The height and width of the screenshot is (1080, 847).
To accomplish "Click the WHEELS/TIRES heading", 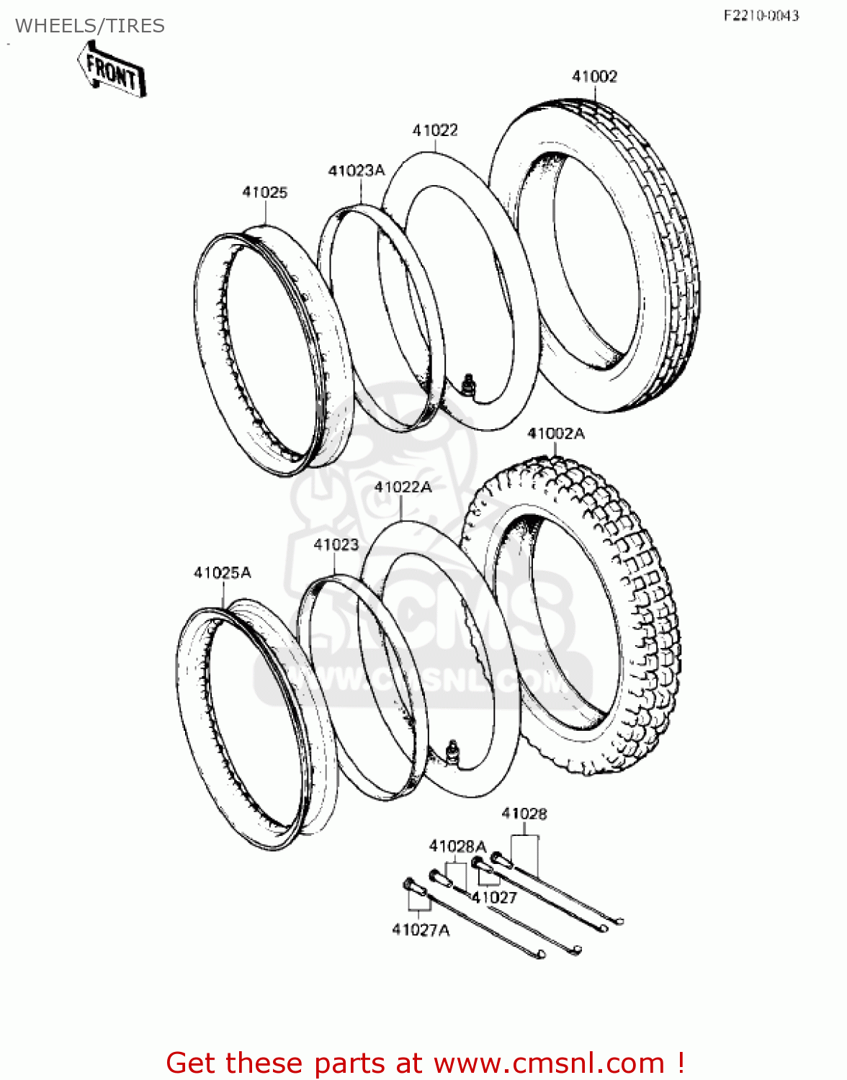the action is click(90, 26).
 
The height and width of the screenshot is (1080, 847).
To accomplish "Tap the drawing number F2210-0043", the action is click(761, 15).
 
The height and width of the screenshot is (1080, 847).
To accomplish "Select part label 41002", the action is click(594, 76).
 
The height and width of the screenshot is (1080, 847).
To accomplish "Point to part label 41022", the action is click(435, 130).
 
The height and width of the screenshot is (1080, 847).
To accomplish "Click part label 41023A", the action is click(357, 171).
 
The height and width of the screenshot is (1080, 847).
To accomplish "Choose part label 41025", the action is click(264, 192).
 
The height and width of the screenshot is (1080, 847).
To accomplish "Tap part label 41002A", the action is click(556, 433).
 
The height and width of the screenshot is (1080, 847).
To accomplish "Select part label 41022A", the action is click(403, 487).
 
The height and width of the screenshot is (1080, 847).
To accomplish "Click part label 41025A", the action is click(222, 573).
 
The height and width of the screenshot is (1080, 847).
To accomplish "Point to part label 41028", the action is click(524, 814).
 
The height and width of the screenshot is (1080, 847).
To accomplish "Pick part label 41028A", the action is click(457, 846).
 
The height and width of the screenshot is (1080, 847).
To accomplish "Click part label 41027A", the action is click(421, 930).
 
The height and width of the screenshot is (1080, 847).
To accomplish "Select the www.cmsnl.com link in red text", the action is click(548, 1063).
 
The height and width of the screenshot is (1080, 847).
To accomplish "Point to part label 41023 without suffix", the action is click(336, 545).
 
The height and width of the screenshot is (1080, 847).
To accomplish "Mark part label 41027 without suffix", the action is click(495, 898).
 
